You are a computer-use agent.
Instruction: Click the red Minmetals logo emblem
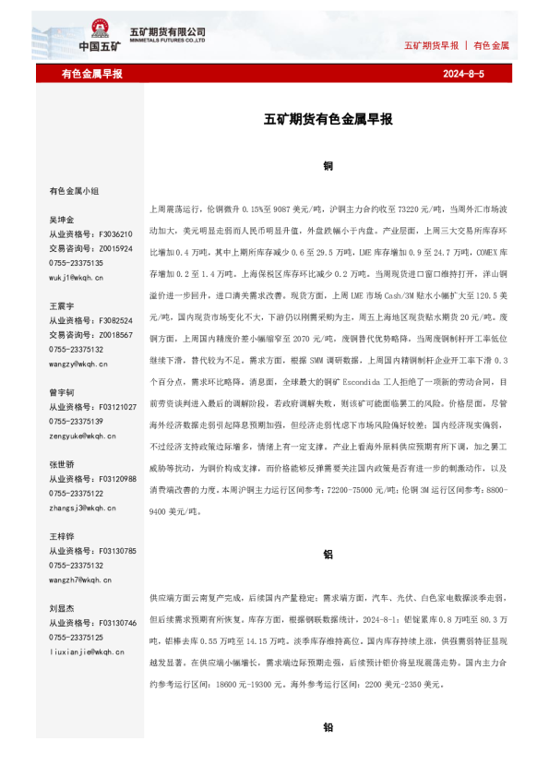click(x=99, y=29)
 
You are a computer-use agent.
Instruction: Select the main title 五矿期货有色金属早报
click(x=328, y=120)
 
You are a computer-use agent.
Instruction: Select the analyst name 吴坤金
click(x=62, y=221)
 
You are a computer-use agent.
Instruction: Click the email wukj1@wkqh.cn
click(x=77, y=277)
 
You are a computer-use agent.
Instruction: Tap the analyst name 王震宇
click(x=62, y=305)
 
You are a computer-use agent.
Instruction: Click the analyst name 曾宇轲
click(x=62, y=392)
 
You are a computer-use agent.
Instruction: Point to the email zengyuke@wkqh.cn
click(x=82, y=436)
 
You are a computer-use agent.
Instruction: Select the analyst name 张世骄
click(x=62, y=464)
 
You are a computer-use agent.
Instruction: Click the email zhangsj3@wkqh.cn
click(x=82, y=508)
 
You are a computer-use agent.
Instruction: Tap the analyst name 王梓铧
click(x=62, y=536)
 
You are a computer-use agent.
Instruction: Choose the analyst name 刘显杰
click(x=62, y=608)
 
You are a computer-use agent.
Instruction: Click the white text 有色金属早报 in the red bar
click(x=92, y=74)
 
